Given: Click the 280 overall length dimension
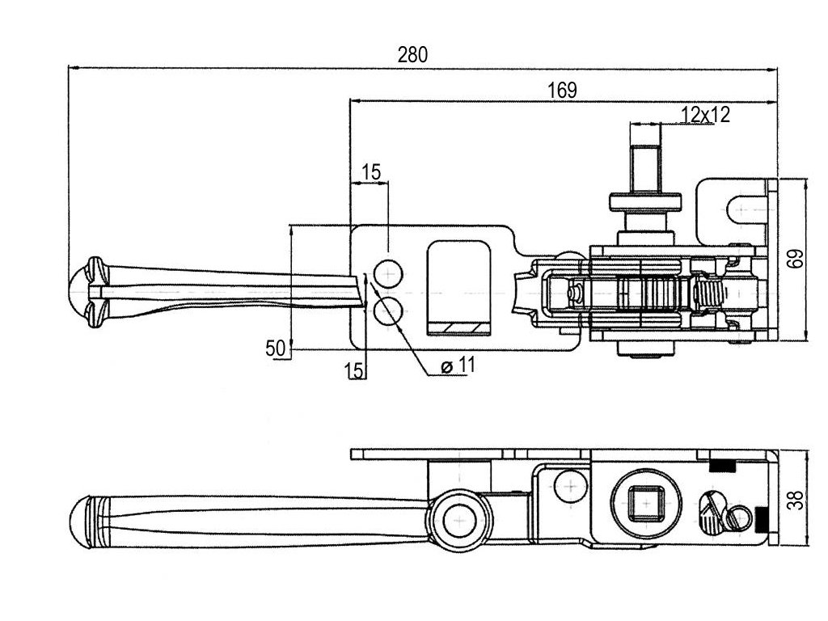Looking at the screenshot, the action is pyautogui.click(x=412, y=55).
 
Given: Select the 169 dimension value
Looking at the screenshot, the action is pyautogui.click(x=563, y=91).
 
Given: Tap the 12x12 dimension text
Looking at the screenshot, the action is pyautogui.click(x=705, y=115).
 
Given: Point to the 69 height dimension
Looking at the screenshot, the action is pyautogui.click(x=797, y=258).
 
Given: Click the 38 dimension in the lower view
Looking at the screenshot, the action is pyautogui.click(x=797, y=500).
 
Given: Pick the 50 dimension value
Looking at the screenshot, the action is pyautogui.click(x=275, y=349).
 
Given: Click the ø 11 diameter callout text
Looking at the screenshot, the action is pyautogui.click(x=458, y=365).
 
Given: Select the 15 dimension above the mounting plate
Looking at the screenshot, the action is pyautogui.click(x=370, y=172).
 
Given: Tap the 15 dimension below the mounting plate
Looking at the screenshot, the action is pyautogui.click(x=354, y=370).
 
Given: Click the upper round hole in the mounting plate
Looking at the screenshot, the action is pyautogui.click(x=388, y=274).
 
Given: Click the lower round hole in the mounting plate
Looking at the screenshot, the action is pyautogui.click(x=388, y=311).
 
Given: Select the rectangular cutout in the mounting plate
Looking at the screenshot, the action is pyautogui.click(x=459, y=289).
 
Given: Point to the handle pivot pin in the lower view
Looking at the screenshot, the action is pyautogui.click(x=459, y=521).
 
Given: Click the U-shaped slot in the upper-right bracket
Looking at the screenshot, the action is pyautogui.click(x=746, y=209).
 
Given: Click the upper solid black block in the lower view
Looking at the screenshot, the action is pyautogui.click(x=722, y=466).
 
